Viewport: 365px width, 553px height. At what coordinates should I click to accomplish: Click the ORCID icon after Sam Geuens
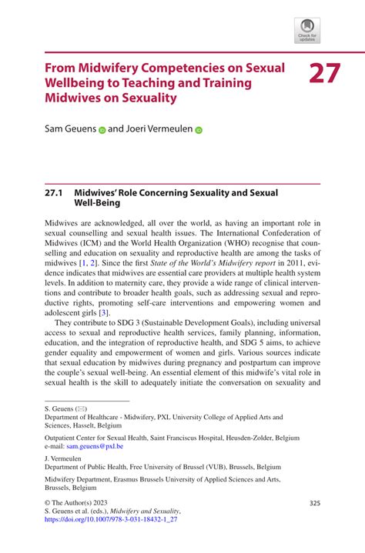(x=101, y=131)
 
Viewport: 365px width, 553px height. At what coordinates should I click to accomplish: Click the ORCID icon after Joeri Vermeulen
(x=198, y=131)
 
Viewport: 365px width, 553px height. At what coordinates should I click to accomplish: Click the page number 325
(x=314, y=503)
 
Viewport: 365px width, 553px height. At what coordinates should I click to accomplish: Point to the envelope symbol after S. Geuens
(x=80, y=408)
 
